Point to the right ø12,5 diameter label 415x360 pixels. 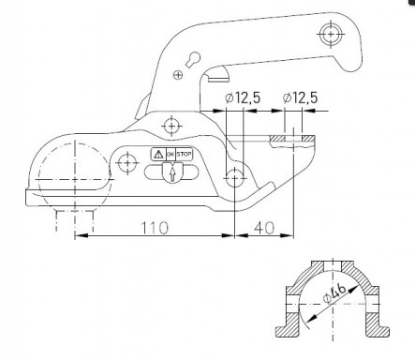(304, 97)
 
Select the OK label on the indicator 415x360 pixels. (170, 154)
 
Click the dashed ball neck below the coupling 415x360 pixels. (75, 218)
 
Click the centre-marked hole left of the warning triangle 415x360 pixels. (128, 165)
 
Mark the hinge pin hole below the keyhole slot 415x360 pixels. (170, 126)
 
